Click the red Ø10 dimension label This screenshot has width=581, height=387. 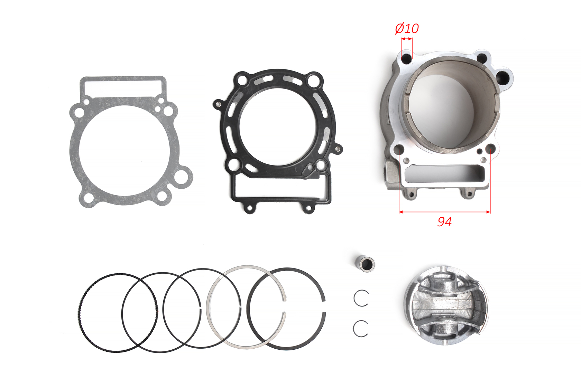pyautogui.click(x=407, y=29)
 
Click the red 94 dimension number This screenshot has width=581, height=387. pyautogui.click(x=445, y=221)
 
